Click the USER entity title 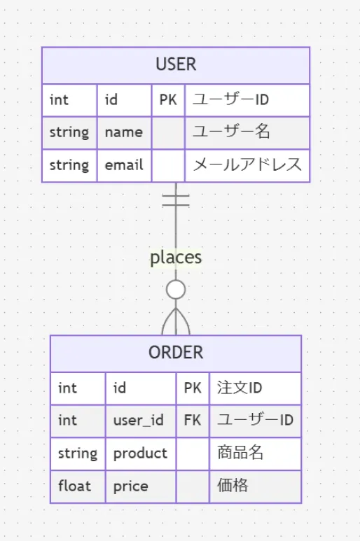tap(176, 64)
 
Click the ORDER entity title tap(176, 353)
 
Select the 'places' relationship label tap(176, 258)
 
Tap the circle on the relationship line tap(176, 290)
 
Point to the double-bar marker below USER tap(176, 200)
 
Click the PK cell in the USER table tap(168, 100)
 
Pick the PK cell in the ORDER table tap(193, 388)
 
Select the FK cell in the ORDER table tap(193, 420)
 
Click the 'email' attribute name tap(124, 165)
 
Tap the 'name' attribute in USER tap(124, 132)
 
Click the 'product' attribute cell tap(141, 454)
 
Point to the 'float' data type tap(74, 486)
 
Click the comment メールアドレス tap(247, 164)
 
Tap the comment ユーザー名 tap(231, 132)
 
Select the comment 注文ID tap(240, 388)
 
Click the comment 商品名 tap(240, 453)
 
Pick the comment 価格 tap(233, 485)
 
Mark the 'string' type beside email tap(69, 166)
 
